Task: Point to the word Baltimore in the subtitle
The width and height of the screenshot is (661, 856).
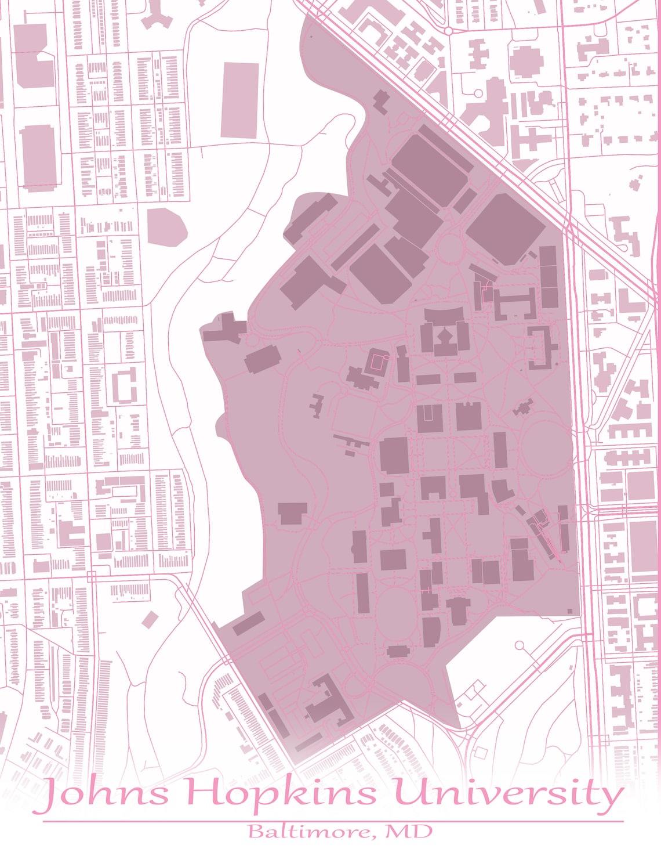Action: [306, 832]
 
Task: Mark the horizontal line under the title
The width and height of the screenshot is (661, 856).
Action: [333, 821]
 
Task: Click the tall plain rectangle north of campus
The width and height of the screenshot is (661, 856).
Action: [240, 100]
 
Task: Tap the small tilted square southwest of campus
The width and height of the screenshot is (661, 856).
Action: [150, 619]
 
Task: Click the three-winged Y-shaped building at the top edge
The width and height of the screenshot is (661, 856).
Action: [157, 15]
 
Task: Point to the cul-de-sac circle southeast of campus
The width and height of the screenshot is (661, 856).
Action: [519, 645]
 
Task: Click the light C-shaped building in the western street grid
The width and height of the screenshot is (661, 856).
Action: [124, 385]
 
